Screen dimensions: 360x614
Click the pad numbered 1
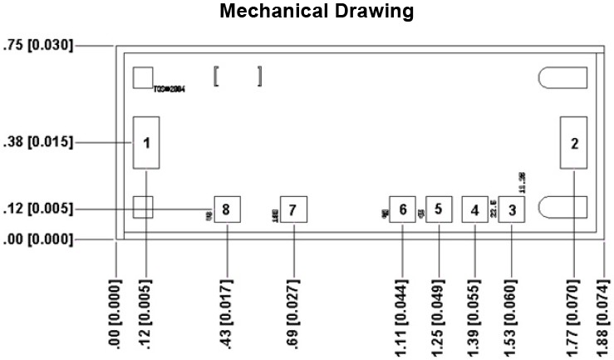[146, 143]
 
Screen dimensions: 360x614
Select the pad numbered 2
[574, 142]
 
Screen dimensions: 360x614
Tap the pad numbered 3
[513, 210]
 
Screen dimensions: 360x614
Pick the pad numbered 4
[474, 210]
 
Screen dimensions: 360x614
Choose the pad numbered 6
[402, 210]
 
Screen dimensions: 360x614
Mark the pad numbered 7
[293, 210]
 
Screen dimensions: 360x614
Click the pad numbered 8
[227, 210]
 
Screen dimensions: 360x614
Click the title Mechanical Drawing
[316, 12]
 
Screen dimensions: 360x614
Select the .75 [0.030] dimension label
[38, 46]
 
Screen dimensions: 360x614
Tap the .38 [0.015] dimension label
[38, 143]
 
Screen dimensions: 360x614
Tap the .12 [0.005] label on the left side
[38, 208]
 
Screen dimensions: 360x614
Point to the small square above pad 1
[143, 77]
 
